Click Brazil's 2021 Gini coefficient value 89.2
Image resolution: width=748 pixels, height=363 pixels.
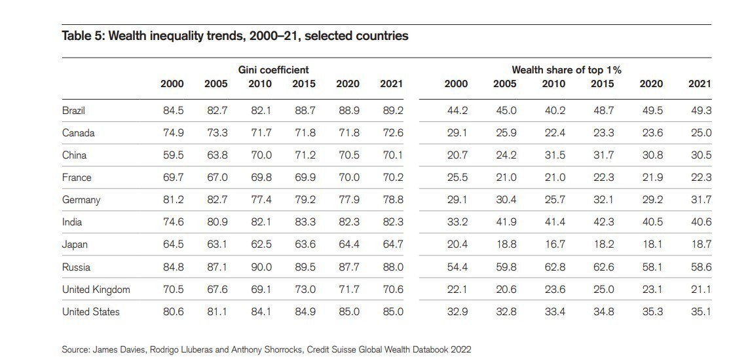point(392,111)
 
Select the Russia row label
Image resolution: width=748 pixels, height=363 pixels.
point(76,267)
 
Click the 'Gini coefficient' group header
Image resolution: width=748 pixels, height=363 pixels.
point(273,69)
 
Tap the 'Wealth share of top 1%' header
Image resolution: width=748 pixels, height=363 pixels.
point(567,69)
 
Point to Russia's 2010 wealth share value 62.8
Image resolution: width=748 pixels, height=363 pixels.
point(555,267)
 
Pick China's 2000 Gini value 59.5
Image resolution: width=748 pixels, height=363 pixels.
point(173,155)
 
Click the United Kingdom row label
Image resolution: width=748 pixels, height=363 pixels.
point(96,290)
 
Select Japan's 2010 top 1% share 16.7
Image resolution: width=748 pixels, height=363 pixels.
point(555,244)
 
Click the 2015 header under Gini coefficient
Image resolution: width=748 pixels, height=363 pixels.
point(304,84)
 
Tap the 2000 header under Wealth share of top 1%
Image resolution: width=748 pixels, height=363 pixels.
point(456,84)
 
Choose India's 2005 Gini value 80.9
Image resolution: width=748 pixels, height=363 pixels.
point(217,222)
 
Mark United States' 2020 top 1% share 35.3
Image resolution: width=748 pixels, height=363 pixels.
point(652,312)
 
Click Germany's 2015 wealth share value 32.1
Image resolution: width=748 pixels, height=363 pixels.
point(603,200)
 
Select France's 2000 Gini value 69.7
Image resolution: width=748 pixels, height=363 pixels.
point(173,178)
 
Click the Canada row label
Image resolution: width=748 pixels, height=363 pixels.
point(78,133)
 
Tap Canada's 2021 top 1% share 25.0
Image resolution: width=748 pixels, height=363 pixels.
point(701,133)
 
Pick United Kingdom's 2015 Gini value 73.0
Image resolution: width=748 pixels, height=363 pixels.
point(305,290)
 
